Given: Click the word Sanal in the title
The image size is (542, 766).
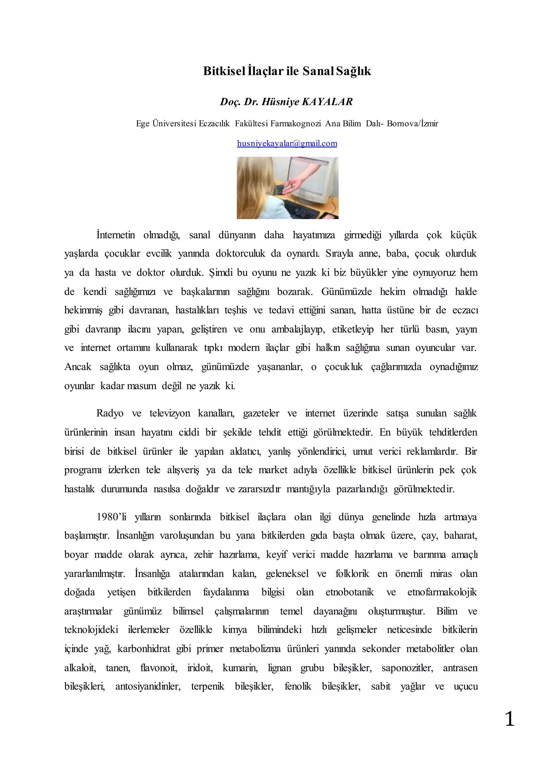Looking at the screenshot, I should coord(318,71).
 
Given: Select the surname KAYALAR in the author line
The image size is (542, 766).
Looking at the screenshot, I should coord(327,102).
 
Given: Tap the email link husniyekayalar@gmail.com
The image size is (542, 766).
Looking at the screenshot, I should coord(287,143).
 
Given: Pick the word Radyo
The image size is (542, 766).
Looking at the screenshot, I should coord(110,414).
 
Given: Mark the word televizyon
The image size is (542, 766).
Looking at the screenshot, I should coord(170,414).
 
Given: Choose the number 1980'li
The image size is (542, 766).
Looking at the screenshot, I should coord(111,517).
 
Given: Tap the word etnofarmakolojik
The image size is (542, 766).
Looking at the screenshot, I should coord(442,592).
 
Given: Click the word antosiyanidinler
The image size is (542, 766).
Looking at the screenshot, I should coord(148,687).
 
